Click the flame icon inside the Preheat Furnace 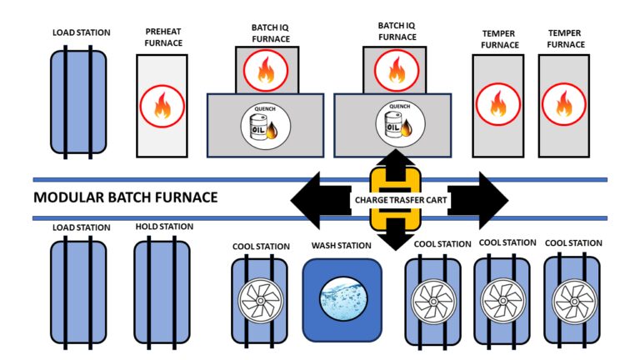[162, 106]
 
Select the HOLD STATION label [164, 227]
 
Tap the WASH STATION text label [341, 246]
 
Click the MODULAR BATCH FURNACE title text [125, 197]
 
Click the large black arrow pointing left [321, 198]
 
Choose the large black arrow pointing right [479, 198]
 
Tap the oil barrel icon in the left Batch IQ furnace [264, 126]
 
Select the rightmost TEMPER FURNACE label [564, 38]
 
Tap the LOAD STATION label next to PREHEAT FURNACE [81, 32]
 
